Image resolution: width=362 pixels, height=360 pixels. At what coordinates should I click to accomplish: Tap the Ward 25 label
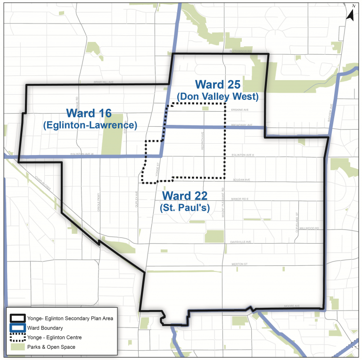[218, 85]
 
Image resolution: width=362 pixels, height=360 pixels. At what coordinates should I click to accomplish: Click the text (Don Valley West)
[218, 97]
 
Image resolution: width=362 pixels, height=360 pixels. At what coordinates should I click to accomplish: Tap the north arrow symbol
[350, 13]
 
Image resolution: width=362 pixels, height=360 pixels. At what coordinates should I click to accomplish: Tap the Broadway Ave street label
[242, 125]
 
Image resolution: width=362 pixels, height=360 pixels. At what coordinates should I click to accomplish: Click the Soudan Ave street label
[240, 180]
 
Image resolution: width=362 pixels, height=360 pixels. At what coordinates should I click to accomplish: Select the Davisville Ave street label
[242, 242]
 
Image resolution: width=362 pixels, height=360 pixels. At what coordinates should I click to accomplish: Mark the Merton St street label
[239, 264]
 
